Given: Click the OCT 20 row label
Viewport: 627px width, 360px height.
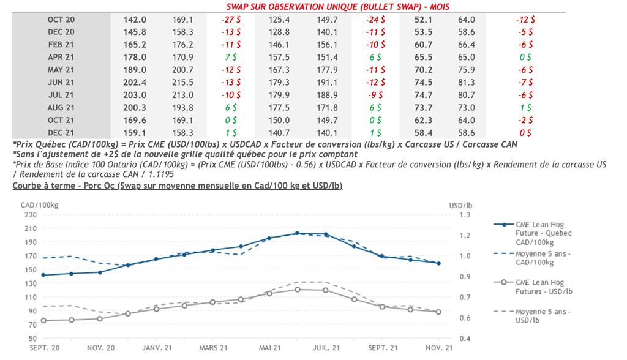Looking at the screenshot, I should click(x=61, y=20).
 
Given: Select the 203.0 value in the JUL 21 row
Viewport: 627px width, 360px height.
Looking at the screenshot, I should click(x=135, y=95).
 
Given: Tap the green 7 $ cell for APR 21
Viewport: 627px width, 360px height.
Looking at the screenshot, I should click(x=231, y=57).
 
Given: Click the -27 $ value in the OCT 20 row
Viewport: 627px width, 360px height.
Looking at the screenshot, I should click(x=231, y=20).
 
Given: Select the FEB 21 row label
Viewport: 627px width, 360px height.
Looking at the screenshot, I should click(x=61, y=45).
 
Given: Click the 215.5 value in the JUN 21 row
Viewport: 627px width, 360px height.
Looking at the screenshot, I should click(x=183, y=83).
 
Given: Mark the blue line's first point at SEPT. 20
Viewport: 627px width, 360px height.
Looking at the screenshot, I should click(x=43, y=275).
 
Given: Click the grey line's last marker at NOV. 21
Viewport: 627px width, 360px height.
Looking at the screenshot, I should click(x=438, y=312).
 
